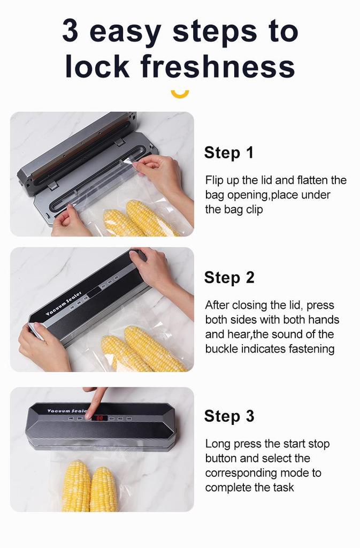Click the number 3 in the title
click(72, 32)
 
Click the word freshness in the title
click(218, 67)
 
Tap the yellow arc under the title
click(180, 94)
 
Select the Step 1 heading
click(228, 153)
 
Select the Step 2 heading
click(229, 278)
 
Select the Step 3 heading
click(229, 416)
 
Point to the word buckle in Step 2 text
click(221, 349)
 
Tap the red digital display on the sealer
click(99, 417)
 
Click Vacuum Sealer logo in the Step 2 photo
click(63, 303)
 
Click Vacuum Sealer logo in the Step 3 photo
click(67, 411)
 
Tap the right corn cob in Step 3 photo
click(104, 488)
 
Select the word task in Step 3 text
click(283, 488)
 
